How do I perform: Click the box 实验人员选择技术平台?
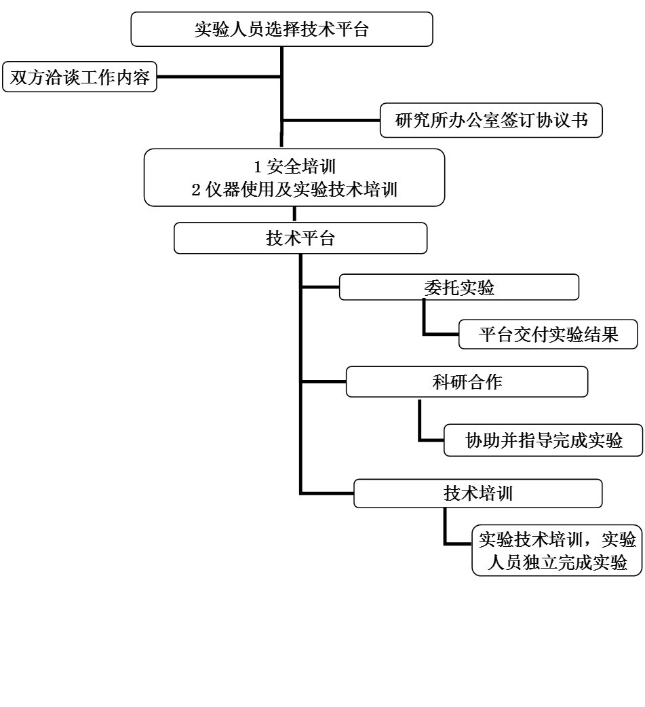coord(281,29)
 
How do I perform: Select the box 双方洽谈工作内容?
coord(79,77)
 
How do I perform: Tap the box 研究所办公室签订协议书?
coord(491,121)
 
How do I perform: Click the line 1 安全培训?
coord(294,166)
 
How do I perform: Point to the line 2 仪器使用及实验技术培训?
coord(294,189)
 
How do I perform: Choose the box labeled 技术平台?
coord(300,238)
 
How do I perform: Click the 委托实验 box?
coord(458,287)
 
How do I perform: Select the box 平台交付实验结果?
coord(549,335)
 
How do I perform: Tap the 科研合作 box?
coord(467,382)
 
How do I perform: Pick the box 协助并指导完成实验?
coord(543,441)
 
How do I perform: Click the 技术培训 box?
coord(477,493)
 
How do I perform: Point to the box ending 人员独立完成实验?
coord(557,551)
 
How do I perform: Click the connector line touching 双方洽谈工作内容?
coord(219,77)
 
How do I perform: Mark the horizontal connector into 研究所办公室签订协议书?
coord(331,121)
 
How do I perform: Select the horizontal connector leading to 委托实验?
coord(319,287)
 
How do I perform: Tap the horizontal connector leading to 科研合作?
coord(323,382)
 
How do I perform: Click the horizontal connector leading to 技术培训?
coord(326,493)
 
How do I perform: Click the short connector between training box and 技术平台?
coord(295,214)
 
